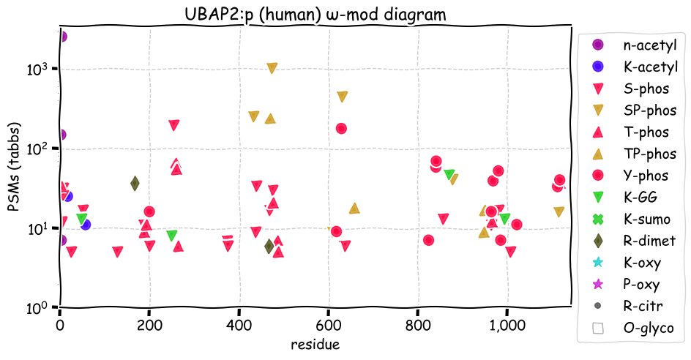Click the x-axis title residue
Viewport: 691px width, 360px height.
314,343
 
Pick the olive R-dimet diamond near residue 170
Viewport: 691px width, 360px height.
135,184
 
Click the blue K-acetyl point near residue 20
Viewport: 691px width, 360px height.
67,195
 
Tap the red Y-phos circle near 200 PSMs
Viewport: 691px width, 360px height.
340,128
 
